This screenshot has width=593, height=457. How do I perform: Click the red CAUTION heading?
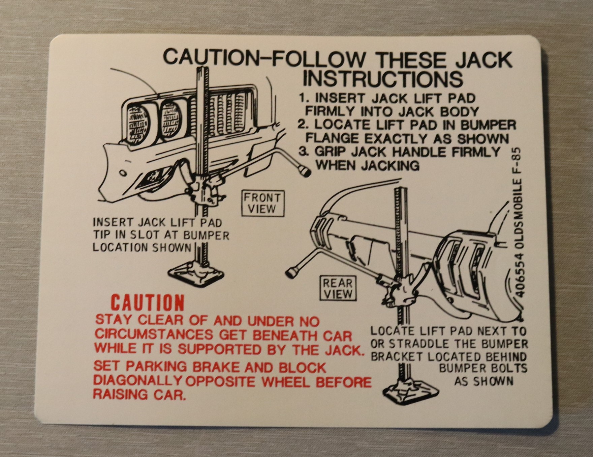148,303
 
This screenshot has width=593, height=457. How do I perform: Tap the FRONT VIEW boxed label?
262,203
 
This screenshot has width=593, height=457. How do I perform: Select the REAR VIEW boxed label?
338,288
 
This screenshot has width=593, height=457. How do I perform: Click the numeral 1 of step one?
303,98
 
